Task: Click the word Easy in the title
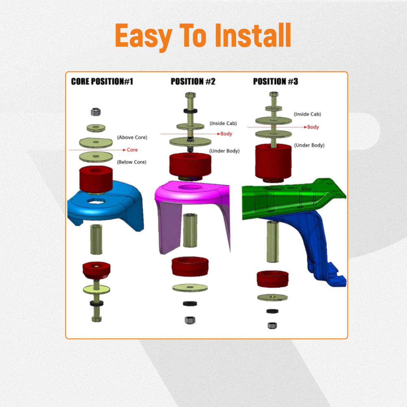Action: coord(144,36)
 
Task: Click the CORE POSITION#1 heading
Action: coord(102,81)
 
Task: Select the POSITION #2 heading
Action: coord(193,81)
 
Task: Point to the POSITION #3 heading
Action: coord(276,81)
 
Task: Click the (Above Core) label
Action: coord(132,137)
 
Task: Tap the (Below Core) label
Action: coord(131,162)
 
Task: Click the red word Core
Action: coord(132,150)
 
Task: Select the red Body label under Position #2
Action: coord(226,133)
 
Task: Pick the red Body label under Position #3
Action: coord(313,127)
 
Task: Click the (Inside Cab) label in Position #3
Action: coord(307,114)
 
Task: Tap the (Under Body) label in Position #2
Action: coord(225,151)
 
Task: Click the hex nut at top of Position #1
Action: coord(96,112)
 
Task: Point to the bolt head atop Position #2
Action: coord(190,95)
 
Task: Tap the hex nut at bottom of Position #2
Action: coord(190,320)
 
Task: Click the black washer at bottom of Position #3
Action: coord(272,311)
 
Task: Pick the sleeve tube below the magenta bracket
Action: coord(190,230)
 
